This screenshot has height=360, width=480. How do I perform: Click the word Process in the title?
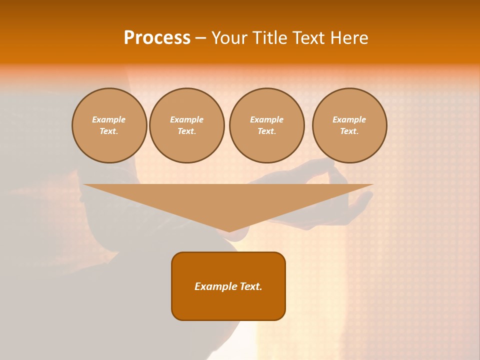tap(157, 38)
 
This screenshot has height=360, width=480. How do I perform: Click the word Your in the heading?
tap(226, 38)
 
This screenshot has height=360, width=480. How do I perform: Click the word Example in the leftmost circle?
tap(109, 119)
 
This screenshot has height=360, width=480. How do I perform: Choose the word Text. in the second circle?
tap(187, 131)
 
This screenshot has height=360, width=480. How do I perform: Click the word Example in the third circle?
tap(267, 119)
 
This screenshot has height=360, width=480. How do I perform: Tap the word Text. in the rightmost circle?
tap(349, 131)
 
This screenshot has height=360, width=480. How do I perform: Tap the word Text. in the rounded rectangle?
tap(250, 286)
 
